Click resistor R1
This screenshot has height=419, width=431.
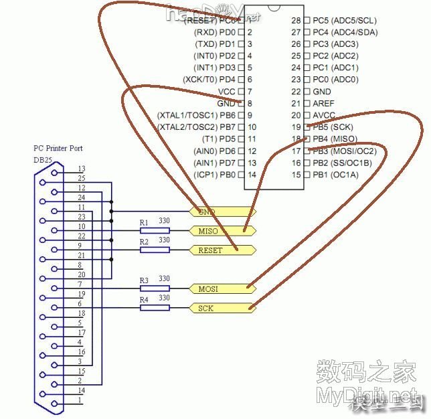(x=155, y=230)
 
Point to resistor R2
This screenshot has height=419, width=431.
(x=155, y=250)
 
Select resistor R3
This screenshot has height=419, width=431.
(x=155, y=288)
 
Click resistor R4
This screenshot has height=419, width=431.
(x=155, y=308)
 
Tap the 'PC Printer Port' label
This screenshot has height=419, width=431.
(x=58, y=148)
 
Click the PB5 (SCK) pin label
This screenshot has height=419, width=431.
(x=333, y=127)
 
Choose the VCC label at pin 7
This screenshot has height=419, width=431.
(x=226, y=92)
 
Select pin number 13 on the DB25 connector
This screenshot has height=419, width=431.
(x=82, y=169)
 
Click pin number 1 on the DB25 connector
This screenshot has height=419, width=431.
(x=81, y=400)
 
